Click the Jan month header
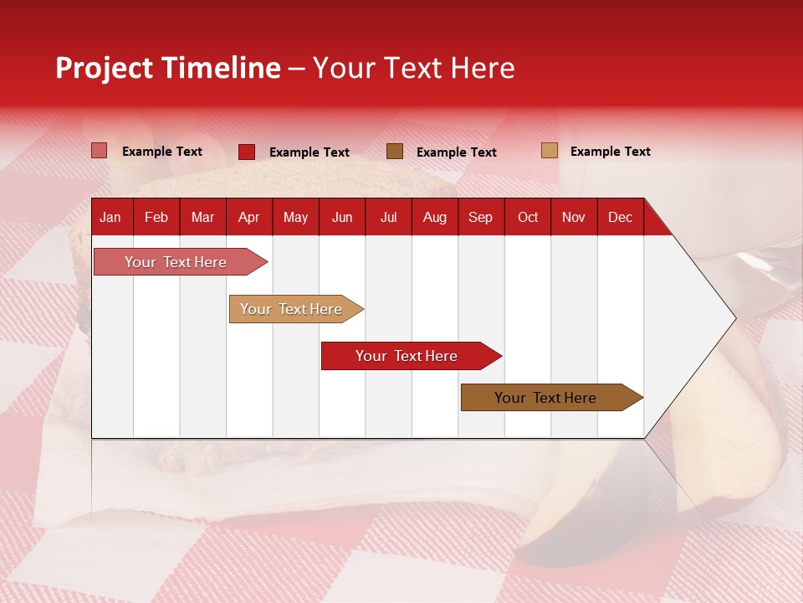(110, 217)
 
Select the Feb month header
(156, 217)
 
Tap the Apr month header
(248, 217)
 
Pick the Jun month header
(342, 217)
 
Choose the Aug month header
(435, 217)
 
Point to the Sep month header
(480, 217)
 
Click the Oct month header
(528, 217)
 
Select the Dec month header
(620, 217)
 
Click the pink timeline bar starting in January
(176, 262)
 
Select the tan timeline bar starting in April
(291, 309)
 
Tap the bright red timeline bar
(407, 356)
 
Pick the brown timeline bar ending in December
(545, 398)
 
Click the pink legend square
(100, 151)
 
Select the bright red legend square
(247, 152)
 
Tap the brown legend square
(395, 151)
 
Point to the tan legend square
(550, 151)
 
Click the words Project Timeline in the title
(167, 68)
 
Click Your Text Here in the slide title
(413, 68)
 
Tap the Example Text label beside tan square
(610, 152)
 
